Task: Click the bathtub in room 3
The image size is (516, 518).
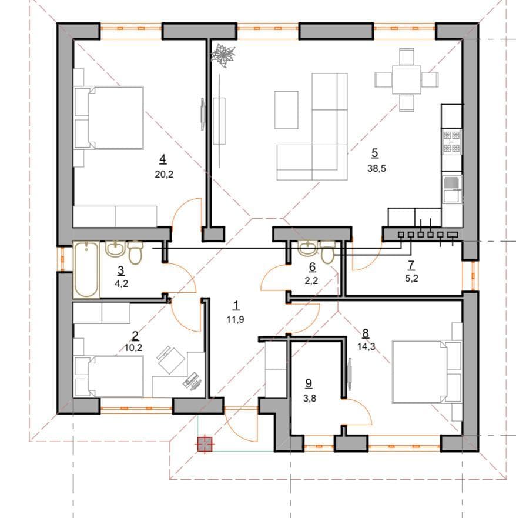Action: [x=86, y=270]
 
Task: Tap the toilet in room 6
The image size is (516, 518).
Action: [x=327, y=252]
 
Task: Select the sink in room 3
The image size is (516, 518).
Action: [x=115, y=249]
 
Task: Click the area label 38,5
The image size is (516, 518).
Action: [x=376, y=168]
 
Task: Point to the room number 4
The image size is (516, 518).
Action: [x=162, y=159]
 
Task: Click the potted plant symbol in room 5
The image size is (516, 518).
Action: [x=223, y=55]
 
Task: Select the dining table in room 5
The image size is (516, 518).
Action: [x=407, y=79]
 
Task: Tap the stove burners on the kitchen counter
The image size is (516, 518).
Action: [x=451, y=141]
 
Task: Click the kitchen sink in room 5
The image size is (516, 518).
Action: [x=451, y=189]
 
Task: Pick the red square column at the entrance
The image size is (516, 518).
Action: [x=205, y=445]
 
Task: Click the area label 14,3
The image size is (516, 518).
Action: [x=366, y=346]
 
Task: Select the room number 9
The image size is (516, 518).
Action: [x=309, y=383]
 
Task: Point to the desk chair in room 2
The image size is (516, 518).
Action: [x=170, y=359]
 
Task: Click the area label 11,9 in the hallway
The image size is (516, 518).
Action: [x=236, y=319]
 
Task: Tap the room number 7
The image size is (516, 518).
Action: [x=411, y=265]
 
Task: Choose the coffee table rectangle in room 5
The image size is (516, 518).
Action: [x=286, y=110]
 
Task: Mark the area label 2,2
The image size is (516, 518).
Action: [x=311, y=280]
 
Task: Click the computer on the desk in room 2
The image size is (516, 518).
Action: [x=192, y=381]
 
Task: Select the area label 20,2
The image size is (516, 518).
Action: [x=164, y=174]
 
